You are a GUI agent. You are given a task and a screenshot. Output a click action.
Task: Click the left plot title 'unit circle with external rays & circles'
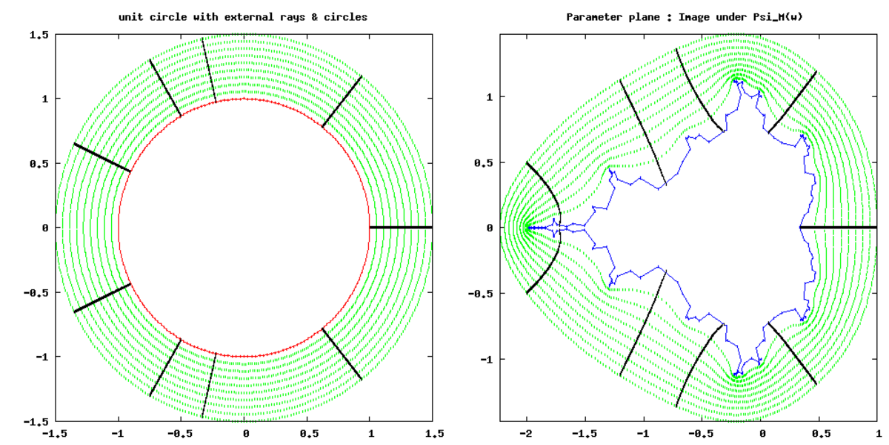pos(243,17)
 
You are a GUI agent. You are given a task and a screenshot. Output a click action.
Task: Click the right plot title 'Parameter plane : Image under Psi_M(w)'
pos(685,17)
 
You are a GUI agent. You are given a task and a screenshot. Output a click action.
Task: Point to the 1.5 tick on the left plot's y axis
pos(39,35)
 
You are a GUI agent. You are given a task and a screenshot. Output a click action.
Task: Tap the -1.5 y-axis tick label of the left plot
pos(36,421)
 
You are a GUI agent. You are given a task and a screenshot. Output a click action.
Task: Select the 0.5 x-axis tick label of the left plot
pos(310,433)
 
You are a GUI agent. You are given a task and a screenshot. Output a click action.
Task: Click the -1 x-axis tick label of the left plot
pos(118,433)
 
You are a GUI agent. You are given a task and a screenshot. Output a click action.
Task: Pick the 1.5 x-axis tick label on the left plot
pos(435,433)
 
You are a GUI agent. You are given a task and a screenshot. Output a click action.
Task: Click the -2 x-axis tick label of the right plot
pos(526,433)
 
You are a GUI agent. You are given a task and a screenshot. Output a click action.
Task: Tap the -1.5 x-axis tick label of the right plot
pos(585,433)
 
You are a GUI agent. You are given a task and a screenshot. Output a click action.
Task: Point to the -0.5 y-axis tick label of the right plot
pos(481,294)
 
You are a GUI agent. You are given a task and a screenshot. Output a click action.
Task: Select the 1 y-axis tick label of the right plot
pos(490,97)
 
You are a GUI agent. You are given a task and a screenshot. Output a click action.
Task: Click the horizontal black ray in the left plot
pos(401,227)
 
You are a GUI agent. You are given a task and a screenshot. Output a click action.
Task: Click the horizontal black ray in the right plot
pos(838,227)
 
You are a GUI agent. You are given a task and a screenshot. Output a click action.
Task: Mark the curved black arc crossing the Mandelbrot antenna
pos(560,227)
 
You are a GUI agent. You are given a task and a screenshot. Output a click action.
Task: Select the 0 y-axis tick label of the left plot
pos(45,228)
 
